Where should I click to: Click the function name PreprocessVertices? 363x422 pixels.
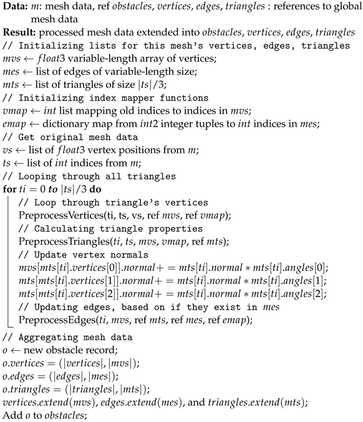[60, 216]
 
